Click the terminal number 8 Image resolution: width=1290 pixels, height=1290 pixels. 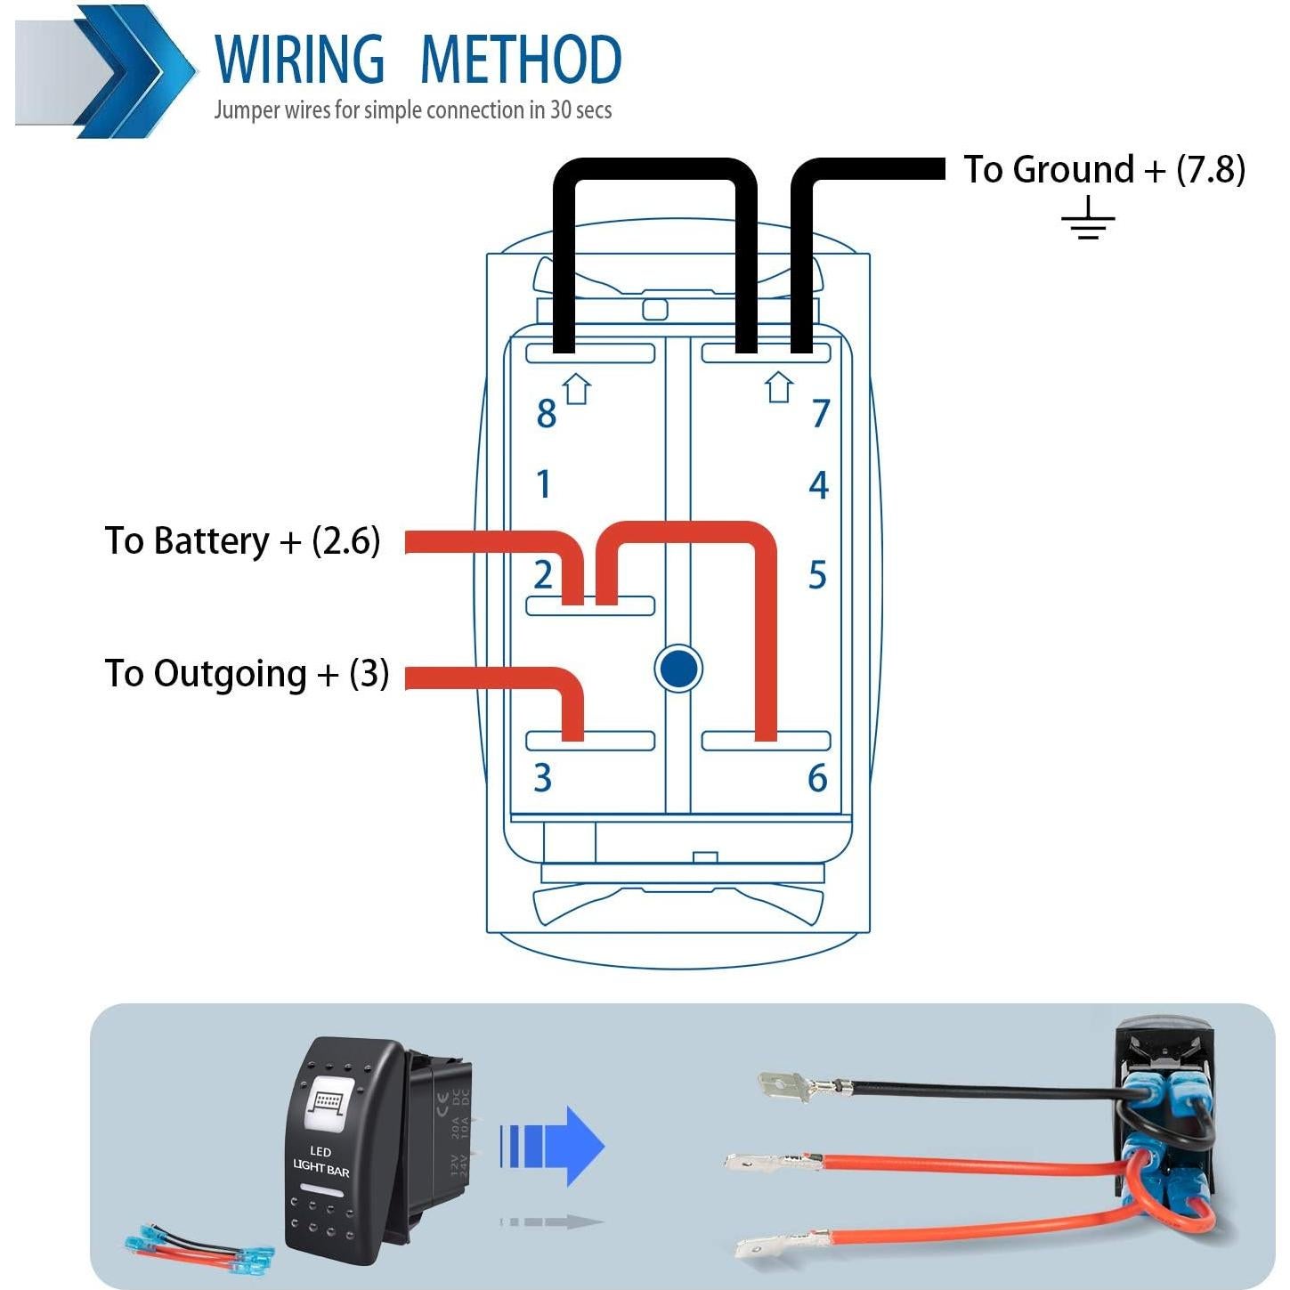tap(546, 414)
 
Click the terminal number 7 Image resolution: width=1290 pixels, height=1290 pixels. tap(821, 414)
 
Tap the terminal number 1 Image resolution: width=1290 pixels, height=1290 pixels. tap(544, 484)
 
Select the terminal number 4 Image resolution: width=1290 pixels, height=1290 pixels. tap(818, 485)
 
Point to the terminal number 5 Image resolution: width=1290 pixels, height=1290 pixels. tap(817, 575)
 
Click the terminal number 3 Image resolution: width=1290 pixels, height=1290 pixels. tap(542, 778)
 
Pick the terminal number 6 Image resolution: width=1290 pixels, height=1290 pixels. tap(817, 778)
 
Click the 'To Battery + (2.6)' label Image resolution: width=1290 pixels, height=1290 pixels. tap(242, 540)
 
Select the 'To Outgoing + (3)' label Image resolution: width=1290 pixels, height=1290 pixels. tap(247, 674)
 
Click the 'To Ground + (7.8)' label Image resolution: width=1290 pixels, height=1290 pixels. tap(1104, 169)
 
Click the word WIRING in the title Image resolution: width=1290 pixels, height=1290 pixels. tap(299, 60)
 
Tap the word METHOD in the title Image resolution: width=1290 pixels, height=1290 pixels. tap(520, 60)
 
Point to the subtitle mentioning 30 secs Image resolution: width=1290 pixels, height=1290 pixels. tap(412, 110)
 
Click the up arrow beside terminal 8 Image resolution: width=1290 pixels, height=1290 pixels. tap(578, 388)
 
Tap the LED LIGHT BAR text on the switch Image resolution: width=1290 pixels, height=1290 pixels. tap(321, 1161)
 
